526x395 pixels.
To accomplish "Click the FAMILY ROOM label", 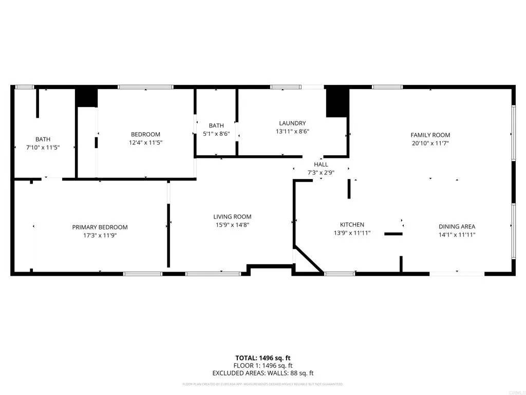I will coord(430,135).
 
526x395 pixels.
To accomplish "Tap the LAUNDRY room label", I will coord(292,123).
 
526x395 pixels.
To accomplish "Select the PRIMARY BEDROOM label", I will coord(100,227).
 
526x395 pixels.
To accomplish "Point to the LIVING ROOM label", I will coord(232,217).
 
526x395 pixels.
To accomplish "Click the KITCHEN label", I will coord(352,225).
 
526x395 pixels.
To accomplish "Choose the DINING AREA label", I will coord(457,226).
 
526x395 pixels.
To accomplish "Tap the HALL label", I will coord(321,165).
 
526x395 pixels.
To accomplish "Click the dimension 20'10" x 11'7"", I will coord(430,143).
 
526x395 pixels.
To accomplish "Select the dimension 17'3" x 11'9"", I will coord(100,235).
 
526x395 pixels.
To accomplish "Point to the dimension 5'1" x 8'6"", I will coord(216,134).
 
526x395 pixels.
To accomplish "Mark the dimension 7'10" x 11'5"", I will coord(43,147).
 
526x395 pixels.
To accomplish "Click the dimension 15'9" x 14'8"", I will coord(232,225).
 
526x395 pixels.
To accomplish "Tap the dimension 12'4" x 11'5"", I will coord(146,142).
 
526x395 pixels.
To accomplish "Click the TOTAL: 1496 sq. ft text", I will coord(263,358).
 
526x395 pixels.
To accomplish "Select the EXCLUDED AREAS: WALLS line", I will coord(263,373).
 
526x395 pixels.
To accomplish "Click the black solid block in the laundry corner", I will coord(337,102).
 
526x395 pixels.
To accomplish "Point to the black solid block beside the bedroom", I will coord(87,98).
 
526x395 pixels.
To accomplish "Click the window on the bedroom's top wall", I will coord(146,87).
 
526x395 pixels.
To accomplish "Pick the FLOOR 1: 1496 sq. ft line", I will coord(263,366).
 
